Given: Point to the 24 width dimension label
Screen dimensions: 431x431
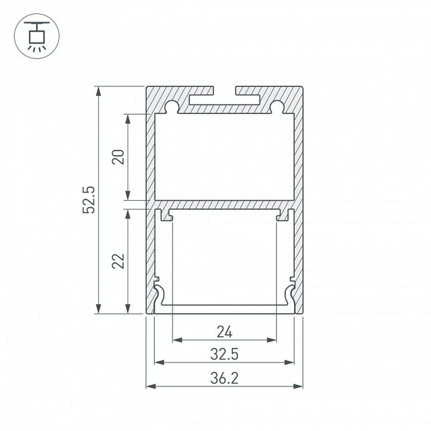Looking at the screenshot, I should (x=224, y=332).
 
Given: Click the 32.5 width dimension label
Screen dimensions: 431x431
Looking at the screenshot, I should (x=224, y=354).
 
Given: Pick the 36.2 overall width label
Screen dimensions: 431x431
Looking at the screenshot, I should (x=224, y=378).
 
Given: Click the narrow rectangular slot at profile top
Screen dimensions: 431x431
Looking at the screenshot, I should (x=224, y=100).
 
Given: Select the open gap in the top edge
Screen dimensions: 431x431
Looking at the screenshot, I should (x=225, y=90).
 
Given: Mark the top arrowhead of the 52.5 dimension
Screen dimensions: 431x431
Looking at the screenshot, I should (x=99, y=91).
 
